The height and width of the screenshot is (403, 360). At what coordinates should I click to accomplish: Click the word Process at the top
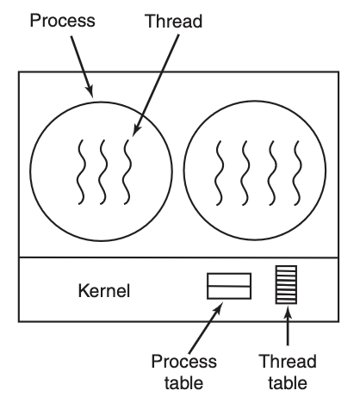[62, 21]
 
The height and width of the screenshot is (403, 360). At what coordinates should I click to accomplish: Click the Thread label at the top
[174, 22]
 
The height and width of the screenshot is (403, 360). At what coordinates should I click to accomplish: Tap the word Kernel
[104, 290]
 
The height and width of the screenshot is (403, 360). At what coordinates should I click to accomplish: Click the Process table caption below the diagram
[184, 372]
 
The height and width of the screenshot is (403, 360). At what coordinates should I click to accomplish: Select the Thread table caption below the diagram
[288, 372]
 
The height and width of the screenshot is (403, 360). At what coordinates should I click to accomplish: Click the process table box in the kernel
[229, 286]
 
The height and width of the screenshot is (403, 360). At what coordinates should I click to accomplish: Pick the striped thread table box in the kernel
[286, 284]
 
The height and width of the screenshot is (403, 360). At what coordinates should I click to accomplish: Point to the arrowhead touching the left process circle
[90, 91]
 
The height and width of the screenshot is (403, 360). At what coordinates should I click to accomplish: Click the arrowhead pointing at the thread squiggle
[136, 130]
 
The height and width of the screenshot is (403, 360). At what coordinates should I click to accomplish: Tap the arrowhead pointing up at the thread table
[288, 313]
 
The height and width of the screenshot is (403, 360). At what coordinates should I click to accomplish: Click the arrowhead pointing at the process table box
[218, 307]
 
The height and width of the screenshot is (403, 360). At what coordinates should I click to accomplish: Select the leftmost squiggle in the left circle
[81, 172]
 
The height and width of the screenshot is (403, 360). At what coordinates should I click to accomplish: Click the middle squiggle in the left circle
[103, 172]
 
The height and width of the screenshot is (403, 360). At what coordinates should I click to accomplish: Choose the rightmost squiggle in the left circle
[127, 172]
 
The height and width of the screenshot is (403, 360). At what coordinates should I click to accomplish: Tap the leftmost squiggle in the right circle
[219, 173]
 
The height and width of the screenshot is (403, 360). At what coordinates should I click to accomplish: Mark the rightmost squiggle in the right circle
[297, 173]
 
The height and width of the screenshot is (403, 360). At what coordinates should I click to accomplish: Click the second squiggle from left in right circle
[245, 173]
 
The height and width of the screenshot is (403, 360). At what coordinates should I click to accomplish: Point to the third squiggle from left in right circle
[272, 173]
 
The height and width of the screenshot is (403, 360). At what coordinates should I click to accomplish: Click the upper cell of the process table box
[229, 280]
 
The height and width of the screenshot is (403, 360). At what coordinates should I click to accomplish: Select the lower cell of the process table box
[229, 293]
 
